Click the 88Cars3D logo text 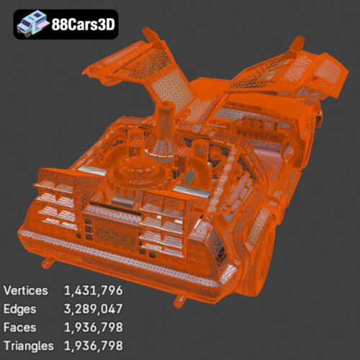(84, 24)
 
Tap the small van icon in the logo (32, 23)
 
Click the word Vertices (26, 290)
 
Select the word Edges (19, 309)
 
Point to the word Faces (19, 328)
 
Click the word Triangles (29, 346)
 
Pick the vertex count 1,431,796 (94, 291)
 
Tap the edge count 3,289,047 (94, 309)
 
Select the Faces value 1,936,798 (94, 328)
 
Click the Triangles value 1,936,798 (94, 346)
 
